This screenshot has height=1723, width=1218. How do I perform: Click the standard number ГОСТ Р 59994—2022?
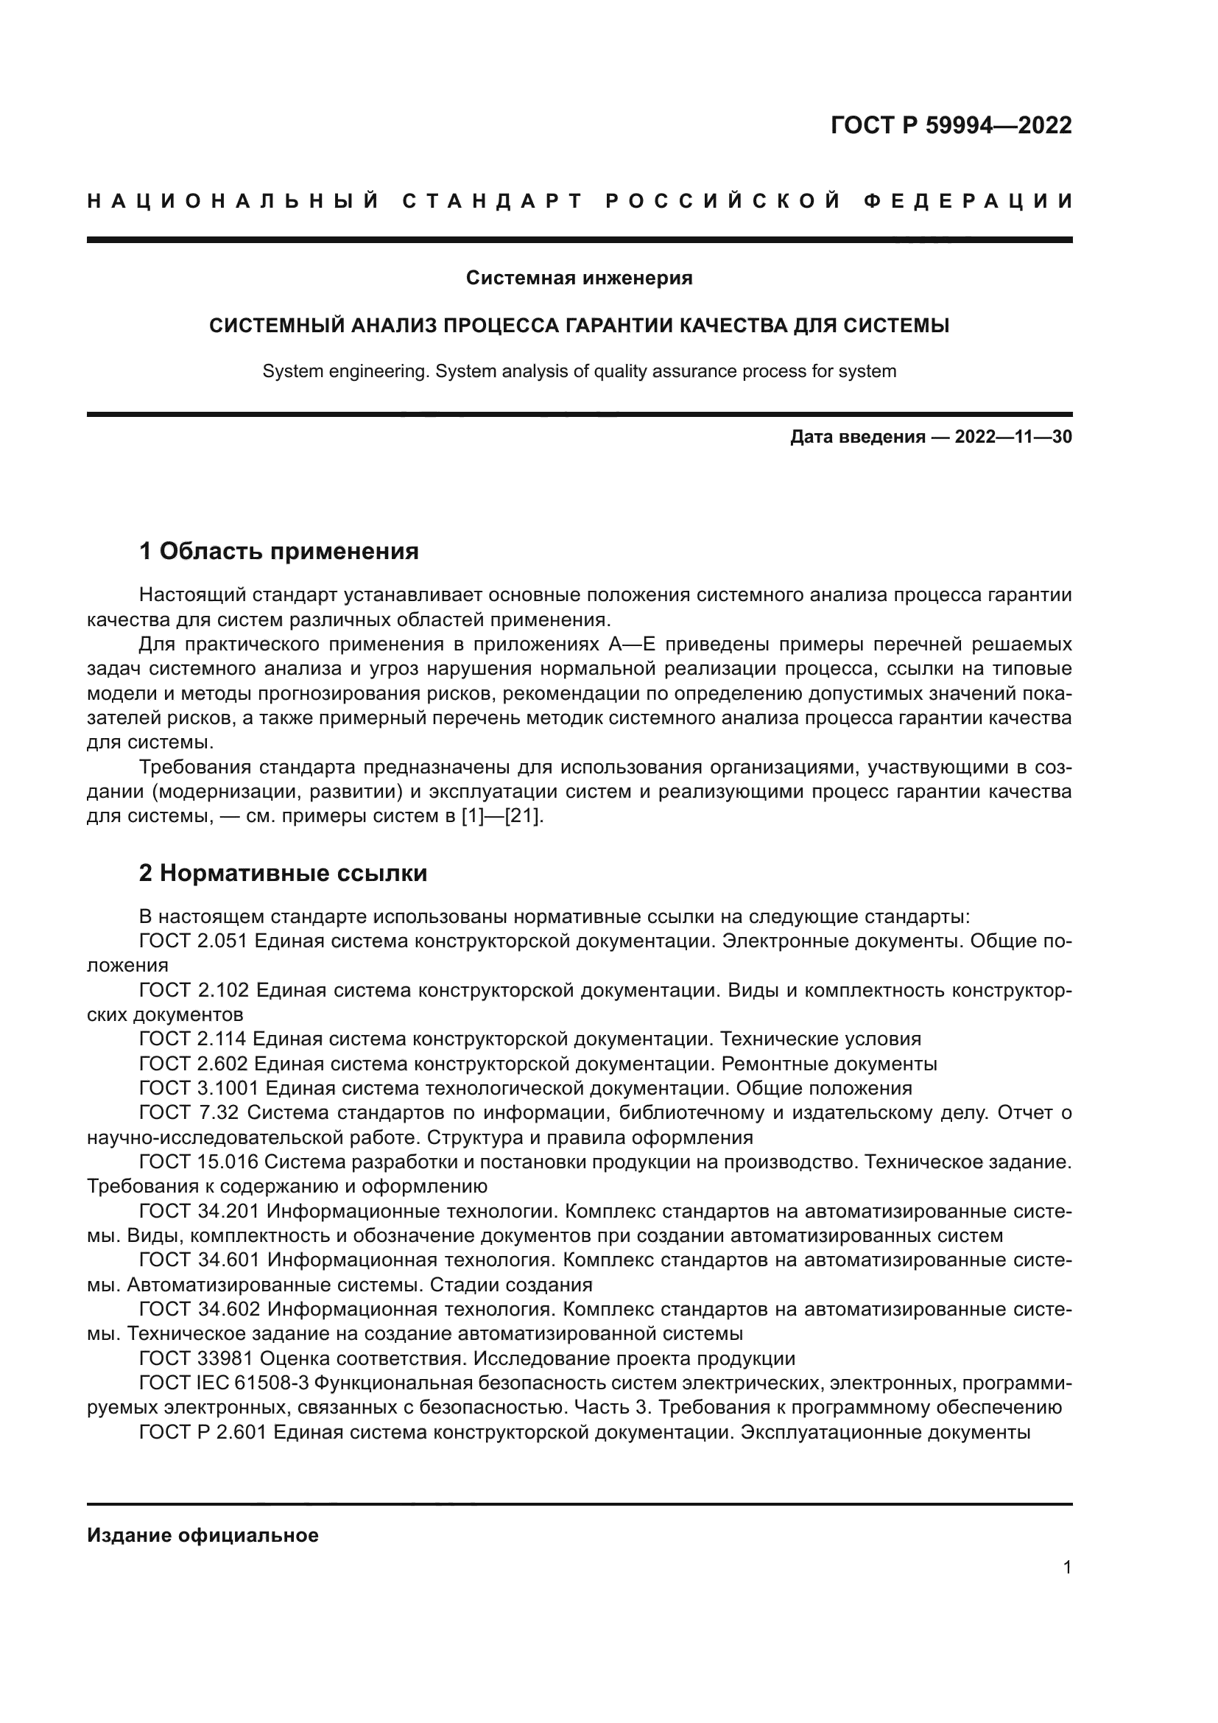951,125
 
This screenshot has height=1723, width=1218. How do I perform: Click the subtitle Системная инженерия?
579,278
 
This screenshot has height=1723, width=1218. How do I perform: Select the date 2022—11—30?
1013,437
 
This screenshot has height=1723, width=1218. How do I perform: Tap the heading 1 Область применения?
279,552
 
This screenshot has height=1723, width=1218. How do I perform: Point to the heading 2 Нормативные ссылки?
284,874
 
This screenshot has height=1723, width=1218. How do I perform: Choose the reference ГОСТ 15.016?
199,1162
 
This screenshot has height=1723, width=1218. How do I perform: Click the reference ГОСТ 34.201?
200,1211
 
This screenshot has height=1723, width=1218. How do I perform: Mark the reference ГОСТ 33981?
199,1359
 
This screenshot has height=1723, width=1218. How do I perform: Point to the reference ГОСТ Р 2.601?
203,1433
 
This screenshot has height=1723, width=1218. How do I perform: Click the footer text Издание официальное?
203,1535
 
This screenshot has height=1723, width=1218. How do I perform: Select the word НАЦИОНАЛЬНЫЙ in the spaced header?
233,201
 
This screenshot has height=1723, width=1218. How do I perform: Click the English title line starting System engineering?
579,371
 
